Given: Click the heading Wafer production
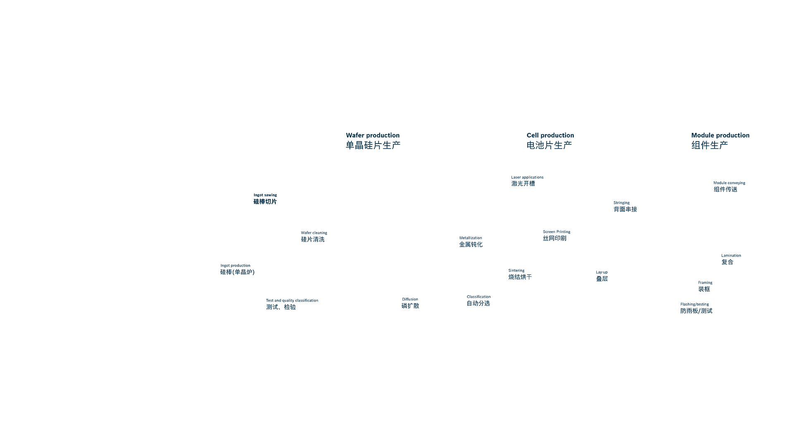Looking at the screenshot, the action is click(373, 135).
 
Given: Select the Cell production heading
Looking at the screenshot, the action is click(550, 135).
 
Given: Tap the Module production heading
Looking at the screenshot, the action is click(720, 135).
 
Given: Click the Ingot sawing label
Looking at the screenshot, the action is click(265, 195).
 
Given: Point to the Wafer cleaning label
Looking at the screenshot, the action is click(314, 233).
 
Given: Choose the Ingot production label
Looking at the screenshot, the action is click(235, 266).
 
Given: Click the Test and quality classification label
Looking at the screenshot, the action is click(292, 300).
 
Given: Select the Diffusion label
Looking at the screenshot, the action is click(410, 299).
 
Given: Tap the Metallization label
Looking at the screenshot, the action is click(471, 238).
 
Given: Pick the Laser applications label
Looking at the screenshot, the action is click(527, 177).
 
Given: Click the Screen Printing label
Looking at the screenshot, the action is click(557, 232).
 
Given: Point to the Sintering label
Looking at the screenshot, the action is click(517, 271).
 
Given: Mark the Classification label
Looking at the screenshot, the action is click(479, 297).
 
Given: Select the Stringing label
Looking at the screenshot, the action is click(622, 203).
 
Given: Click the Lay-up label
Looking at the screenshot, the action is click(602, 272).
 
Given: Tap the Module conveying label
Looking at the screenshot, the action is click(729, 183).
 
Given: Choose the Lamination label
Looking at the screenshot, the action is click(731, 255).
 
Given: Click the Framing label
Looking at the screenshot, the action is click(705, 283).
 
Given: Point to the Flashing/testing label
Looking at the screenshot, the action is click(694, 304).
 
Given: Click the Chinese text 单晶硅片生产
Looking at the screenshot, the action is click(373, 145).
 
